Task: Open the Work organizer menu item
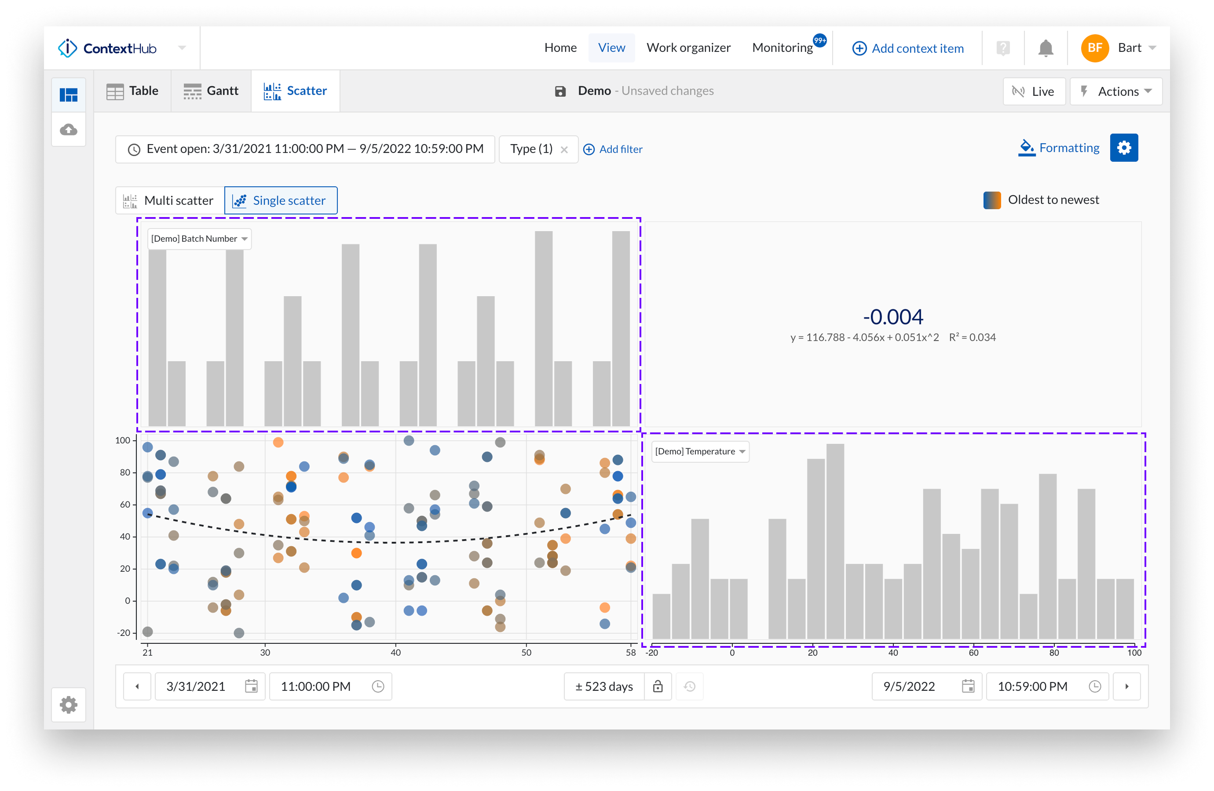(688, 48)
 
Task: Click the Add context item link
(908, 48)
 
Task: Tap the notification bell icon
(1045, 48)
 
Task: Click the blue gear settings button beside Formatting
(1124, 148)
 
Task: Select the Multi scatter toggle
(169, 201)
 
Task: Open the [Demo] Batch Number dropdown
(199, 239)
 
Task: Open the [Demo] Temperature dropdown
(700, 452)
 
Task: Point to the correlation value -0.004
(892, 317)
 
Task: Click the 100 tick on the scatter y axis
(123, 440)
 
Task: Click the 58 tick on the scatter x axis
(630, 653)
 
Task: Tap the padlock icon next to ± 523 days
(658, 686)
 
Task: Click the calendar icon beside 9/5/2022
(968, 686)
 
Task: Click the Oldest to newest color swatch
(991, 200)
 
